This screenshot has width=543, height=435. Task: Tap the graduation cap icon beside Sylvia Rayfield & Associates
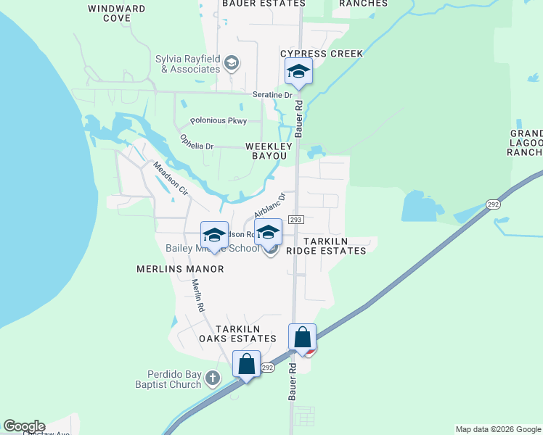click(232, 63)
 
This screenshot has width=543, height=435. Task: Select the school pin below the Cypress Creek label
click(298, 72)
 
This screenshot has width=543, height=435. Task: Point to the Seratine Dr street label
click(272, 95)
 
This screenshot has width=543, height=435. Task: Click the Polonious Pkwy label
click(219, 120)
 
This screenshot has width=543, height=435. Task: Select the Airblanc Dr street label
click(271, 204)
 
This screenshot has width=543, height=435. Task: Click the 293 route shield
click(295, 219)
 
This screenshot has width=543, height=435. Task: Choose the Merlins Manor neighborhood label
click(180, 268)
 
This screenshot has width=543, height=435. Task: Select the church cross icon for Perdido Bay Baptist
click(212, 378)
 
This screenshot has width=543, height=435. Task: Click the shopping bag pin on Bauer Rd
click(302, 338)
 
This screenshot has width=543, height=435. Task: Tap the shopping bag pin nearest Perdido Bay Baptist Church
click(246, 364)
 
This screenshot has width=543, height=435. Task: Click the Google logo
click(24, 426)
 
